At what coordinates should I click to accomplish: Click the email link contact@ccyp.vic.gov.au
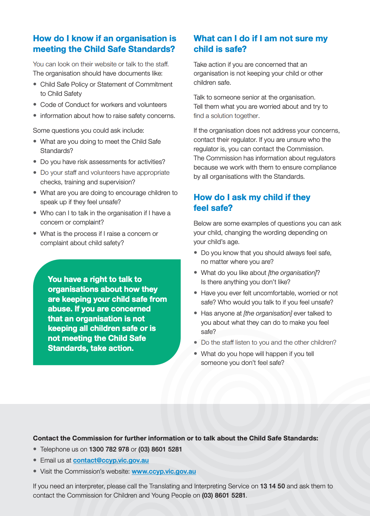coord(111,460)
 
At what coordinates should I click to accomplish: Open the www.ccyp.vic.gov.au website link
coord(164,471)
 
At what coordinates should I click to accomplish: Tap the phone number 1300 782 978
coord(109,449)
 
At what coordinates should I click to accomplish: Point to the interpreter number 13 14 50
coord(272,486)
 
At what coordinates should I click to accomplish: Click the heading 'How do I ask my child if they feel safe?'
coord(252,202)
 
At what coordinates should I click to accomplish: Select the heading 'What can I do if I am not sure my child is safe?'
coord(260,43)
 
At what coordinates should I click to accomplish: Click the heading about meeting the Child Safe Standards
coord(104,43)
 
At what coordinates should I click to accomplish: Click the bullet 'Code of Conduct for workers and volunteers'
coord(103,105)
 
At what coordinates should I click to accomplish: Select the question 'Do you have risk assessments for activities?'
coord(102,162)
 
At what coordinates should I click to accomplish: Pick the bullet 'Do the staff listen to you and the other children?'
coord(268,342)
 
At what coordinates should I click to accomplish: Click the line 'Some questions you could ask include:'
coord(88,130)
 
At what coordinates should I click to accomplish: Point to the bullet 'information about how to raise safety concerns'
coord(107,116)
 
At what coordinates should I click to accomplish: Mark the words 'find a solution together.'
coord(226,116)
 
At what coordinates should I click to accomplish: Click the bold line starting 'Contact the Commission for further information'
coord(175,438)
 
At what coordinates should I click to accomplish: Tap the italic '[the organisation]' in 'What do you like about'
coord(292,273)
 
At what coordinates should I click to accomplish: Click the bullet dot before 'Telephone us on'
coord(35,449)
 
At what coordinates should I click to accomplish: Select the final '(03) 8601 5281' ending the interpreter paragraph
coord(223,495)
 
